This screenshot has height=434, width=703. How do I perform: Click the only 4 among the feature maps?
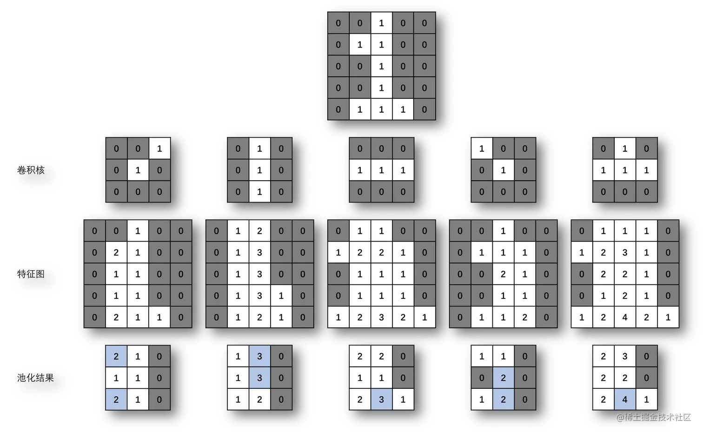click(x=624, y=317)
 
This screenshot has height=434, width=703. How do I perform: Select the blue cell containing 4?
click(x=624, y=400)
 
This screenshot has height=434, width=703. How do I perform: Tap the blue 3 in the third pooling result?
click(x=381, y=400)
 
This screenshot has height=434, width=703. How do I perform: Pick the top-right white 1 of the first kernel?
click(x=159, y=149)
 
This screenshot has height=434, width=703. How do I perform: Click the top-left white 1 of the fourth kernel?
click(x=482, y=149)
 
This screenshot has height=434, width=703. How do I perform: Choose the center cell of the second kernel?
click(x=259, y=170)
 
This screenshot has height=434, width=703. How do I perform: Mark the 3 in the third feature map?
click(x=381, y=317)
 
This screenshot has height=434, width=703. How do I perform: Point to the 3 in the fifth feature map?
click(x=624, y=252)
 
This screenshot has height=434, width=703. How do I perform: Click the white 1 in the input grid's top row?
click(x=381, y=23)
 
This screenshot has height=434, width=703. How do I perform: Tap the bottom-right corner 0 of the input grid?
click(x=424, y=109)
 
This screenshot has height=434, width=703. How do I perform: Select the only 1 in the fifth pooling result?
click(x=646, y=400)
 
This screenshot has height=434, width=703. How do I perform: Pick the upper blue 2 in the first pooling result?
click(x=116, y=356)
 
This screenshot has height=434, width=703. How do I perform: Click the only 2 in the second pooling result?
click(x=259, y=400)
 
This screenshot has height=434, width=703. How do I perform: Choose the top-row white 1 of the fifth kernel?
click(x=624, y=149)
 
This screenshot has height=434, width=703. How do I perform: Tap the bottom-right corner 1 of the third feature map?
click(x=424, y=317)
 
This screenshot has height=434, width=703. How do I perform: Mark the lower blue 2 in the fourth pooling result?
click(x=503, y=400)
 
